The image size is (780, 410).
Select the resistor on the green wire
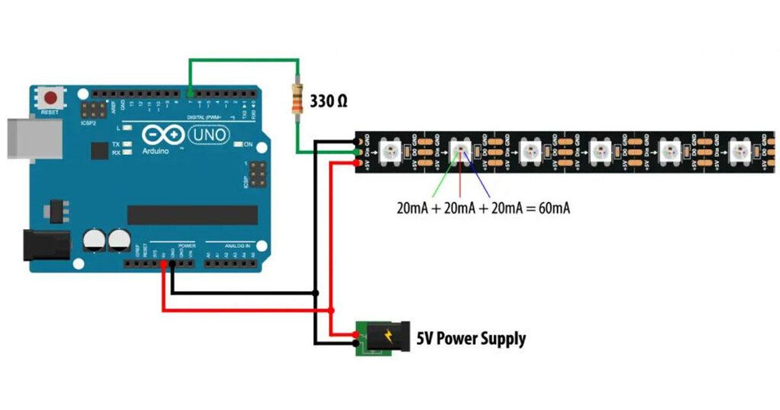pos(298,101)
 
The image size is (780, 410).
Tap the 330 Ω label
pos(328,102)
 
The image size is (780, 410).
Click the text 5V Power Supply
pos(471,338)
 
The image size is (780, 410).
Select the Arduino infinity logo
pos(161,135)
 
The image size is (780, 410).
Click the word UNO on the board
pos(208,135)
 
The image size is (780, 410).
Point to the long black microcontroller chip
pos(192,215)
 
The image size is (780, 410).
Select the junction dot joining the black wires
pos(316,293)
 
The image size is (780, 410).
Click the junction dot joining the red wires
pos(331,310)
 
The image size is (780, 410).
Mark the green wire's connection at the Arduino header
pos(190,93)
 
